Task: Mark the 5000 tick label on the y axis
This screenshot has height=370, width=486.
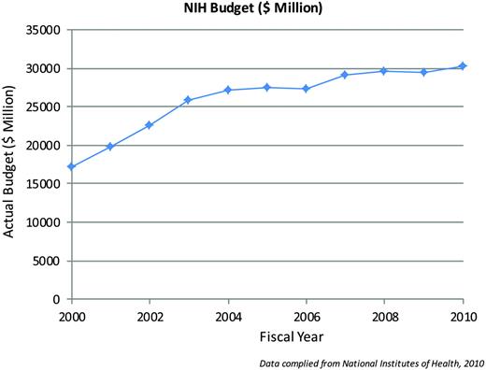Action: (46, 261)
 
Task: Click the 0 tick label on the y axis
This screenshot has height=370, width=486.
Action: (58, 299)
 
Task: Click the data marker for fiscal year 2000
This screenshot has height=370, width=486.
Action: (71, 167)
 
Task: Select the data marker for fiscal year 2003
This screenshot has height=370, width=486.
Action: (188, 100)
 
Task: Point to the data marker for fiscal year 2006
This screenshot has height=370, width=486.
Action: (306, 89)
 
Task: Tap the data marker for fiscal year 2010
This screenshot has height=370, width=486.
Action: (462, 66)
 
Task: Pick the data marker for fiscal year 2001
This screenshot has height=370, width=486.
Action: (110, 147)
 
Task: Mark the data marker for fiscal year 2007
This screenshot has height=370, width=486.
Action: (345, 75)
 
